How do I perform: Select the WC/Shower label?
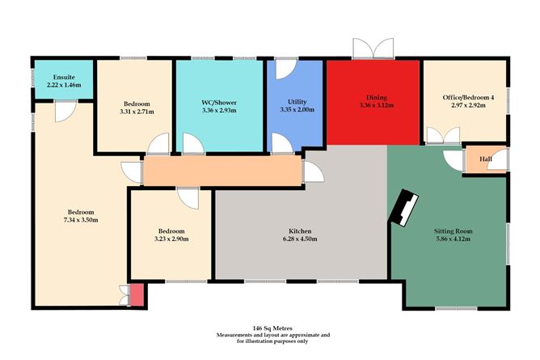click(x=219, y=103)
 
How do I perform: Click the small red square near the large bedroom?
click(x=137, y=296)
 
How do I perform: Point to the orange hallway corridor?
click(x=218, y=171)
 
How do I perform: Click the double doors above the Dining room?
click(x=373, y=49)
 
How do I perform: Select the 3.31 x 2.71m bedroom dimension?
click(x=135, y=112)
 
